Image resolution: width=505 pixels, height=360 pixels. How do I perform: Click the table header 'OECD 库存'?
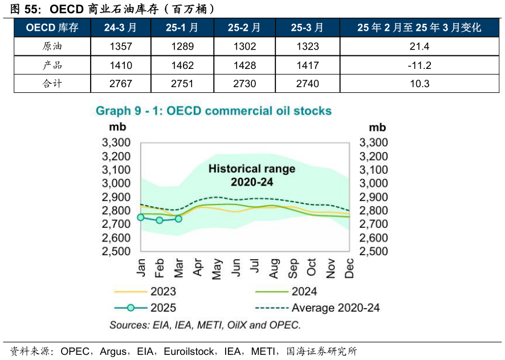click(52, 27)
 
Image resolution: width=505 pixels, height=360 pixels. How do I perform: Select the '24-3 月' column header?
click(120, 27)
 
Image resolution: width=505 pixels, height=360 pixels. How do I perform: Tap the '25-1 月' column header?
click(182, 27)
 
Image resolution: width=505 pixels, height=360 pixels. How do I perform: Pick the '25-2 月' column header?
click(245, 27)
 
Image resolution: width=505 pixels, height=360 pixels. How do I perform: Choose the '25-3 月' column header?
click(307, 27)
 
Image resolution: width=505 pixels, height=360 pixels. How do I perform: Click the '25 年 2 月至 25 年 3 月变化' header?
click(419, 27)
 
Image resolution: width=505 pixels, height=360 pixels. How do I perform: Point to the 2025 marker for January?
click(141, 218)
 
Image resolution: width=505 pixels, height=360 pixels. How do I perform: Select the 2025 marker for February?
click(160, 220)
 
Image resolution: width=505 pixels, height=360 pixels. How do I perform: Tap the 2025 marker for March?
click(178, 219)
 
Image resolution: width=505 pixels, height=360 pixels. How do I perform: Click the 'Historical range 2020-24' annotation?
click(251, 175)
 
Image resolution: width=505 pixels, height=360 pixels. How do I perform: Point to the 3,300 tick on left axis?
click(116, 142)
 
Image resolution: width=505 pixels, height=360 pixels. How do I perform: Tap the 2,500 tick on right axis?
click(373, 251)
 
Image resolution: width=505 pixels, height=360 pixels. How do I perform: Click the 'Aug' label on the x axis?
click(274, 268)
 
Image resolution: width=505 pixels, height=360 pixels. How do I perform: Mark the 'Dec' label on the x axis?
click(349, 268)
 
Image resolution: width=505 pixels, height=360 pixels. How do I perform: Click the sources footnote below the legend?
click(205, 325)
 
